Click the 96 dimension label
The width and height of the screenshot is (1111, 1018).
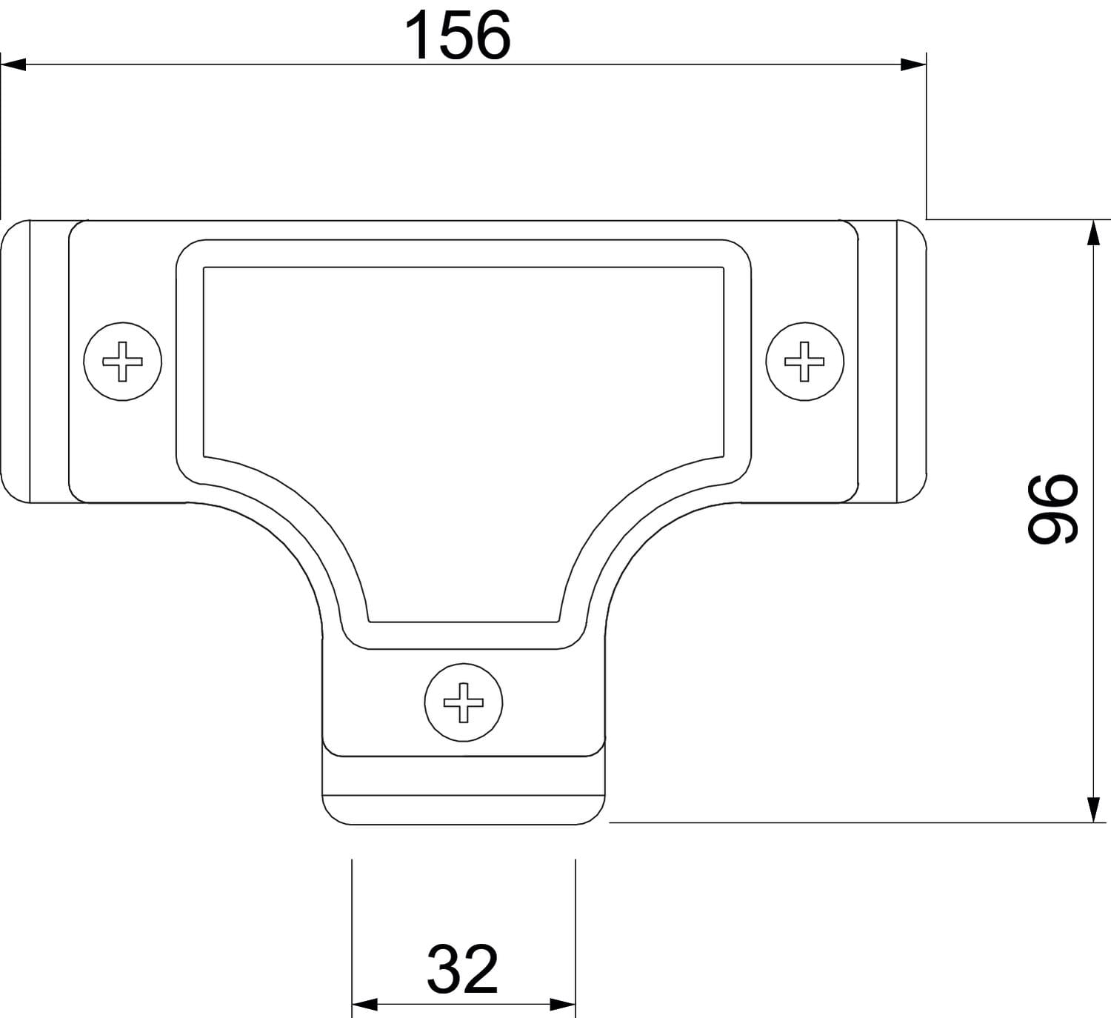point(1052,509)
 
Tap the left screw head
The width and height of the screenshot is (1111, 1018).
point(122,362)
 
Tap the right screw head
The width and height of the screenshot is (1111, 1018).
point(804,362)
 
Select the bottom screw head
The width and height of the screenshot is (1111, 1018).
point(464,702)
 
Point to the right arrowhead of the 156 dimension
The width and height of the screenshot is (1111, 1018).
point(913,64)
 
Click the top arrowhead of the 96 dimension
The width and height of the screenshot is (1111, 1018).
point(1093,233)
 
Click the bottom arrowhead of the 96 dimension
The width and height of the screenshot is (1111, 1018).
point(1093,810)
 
